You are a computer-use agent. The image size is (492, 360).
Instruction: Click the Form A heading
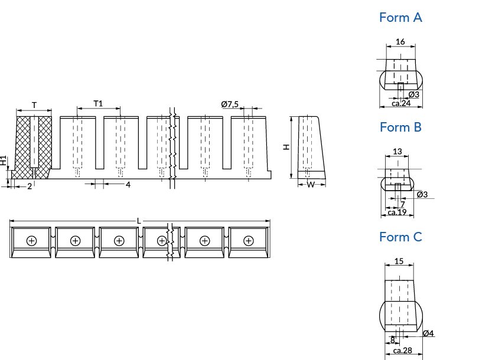point(400,17)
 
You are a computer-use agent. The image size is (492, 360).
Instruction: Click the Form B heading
point(400,127)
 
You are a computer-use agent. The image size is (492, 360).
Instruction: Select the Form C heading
point(400,237)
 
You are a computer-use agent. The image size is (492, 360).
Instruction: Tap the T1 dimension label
point(98,103)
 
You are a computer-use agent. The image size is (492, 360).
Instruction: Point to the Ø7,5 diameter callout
point(230,104)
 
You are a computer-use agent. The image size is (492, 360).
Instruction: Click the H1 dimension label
point(4,161)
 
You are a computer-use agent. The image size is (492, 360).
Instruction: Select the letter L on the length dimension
point(139,221)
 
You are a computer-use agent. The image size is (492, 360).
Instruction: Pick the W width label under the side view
point(311,185)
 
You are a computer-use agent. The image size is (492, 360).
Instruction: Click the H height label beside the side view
point(286,147)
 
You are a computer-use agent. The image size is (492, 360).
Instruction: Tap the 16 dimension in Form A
point(400,41)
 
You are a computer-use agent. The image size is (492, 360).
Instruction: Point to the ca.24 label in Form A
point(401,103)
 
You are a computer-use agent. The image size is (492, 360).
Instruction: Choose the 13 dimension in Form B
point(397,152)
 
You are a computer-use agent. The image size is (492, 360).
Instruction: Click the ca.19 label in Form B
point(397,212)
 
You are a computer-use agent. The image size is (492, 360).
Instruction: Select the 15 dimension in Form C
point(399,261)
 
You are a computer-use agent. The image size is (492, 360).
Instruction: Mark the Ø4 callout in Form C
point(428,333)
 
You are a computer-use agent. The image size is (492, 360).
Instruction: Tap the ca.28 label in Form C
point(402,351)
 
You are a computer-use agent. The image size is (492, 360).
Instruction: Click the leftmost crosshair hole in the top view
point(32,241)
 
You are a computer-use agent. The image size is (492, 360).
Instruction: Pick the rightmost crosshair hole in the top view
point(249,241)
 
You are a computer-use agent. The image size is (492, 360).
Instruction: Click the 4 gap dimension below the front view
point(128,185)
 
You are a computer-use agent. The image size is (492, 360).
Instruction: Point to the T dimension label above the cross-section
point(34,105)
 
